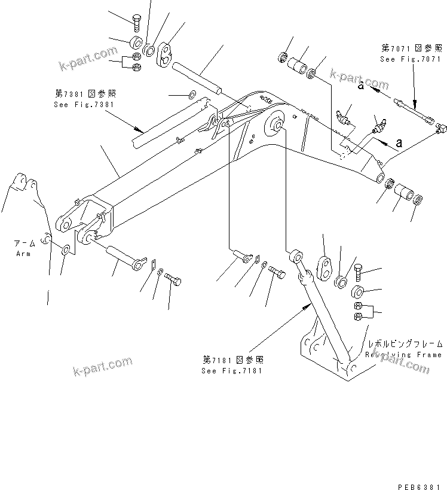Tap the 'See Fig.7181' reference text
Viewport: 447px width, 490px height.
click(x=232, y=370)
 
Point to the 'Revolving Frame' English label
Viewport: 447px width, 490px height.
click(x=405, y=354)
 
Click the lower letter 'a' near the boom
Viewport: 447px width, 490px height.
click(x=399, y=144)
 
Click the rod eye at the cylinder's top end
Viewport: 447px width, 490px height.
click(x=296, y=257)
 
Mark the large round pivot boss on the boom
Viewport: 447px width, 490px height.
click(x=277, y=125)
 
